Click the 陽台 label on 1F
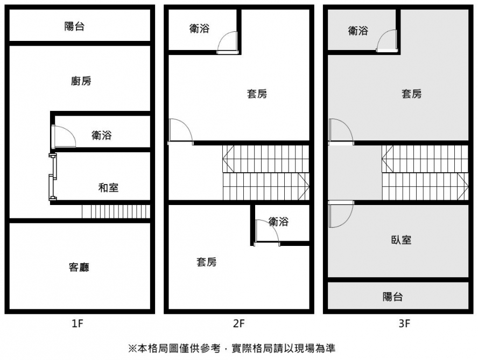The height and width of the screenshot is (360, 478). pos(74,26)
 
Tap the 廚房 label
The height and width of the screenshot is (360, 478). pos(81,81)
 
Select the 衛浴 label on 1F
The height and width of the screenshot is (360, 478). pos(101,136)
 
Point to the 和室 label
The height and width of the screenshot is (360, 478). pos(108,188)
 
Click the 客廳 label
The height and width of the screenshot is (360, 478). pos(79,267)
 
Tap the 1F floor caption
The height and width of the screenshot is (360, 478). pos(78,324)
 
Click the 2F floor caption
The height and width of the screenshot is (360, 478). pos(238,324)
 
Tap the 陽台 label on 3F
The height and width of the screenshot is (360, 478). pos(392,297)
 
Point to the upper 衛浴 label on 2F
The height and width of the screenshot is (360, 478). pos(199,29)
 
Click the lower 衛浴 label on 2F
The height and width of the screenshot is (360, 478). pos(278,221)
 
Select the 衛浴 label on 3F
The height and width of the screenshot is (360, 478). pos(358,31)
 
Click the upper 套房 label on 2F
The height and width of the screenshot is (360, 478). pos(257,94)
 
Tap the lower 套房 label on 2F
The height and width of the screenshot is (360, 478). pos(207,262)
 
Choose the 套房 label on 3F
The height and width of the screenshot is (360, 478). pos(412,94)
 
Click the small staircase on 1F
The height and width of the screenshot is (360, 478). pos(115,211)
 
